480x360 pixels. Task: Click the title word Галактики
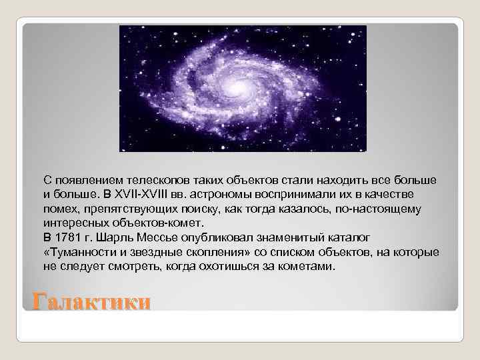92,302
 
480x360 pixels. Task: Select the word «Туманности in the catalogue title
78,252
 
